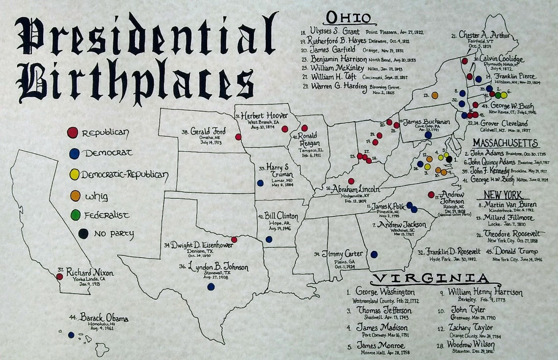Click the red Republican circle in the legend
(72, 132)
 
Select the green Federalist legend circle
(75, 215)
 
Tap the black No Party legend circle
(83, 233)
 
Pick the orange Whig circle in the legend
(75, 196)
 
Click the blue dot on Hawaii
(71, 335)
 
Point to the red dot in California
(60, 276)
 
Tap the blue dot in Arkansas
(269, 239)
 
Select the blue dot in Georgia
(374, 254)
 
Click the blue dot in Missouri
(260, 183)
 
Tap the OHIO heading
(349, 18)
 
